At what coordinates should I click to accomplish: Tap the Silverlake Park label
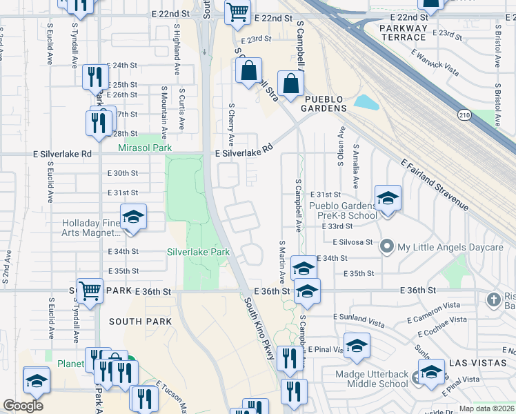[x=198, y=252]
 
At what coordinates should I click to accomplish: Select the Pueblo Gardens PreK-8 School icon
[x=388, y=199]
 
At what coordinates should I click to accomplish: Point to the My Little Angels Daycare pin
[x=387, y=246]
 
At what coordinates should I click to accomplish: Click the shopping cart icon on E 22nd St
[x=237, y=12]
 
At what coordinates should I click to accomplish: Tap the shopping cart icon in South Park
[x=90, y=290]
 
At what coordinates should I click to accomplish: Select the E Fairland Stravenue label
[x=435, y=184]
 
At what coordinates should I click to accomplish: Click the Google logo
[x=23, y=405]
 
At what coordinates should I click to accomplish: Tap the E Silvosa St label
[x=352, y=242]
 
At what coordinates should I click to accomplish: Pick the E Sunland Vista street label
[x=365, y=317]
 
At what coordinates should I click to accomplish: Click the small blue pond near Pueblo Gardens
[x=366, y=102]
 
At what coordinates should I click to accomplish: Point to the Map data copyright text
[x=486, y=408]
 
